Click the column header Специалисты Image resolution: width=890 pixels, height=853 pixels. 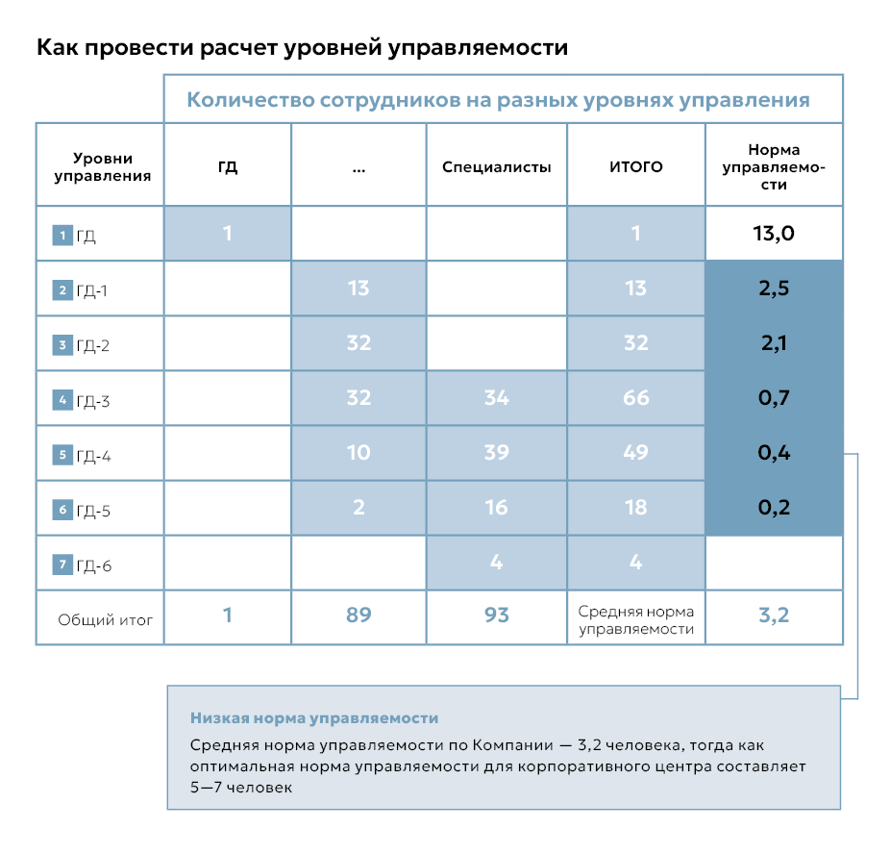point(496,166)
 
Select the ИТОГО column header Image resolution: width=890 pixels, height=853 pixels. point(636,166)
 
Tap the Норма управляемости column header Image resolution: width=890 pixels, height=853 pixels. point(774,166)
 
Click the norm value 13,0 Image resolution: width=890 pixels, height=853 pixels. point(774,233)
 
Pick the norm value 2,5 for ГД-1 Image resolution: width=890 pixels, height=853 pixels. point(774,289)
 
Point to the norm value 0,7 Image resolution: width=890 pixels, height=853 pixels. point(774,397)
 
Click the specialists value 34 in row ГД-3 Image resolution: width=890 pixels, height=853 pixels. point(496,397)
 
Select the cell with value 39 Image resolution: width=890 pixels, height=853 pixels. point(496,452)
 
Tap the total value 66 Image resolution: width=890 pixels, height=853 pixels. point(636,397)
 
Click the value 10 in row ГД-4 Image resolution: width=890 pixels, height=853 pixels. point(358,452)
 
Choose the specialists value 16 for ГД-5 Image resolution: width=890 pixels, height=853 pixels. point(496,507)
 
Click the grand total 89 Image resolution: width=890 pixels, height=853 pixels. point(358,615)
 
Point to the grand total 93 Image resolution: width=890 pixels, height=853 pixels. point(496,615)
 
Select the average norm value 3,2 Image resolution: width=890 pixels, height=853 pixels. point(774,615)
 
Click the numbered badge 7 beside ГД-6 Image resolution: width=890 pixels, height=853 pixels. point(62,564)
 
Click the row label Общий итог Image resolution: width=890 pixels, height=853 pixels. point(106,620)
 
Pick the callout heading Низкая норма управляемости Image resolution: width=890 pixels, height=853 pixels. point(314,718)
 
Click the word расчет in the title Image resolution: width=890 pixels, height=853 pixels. point(234,47)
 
